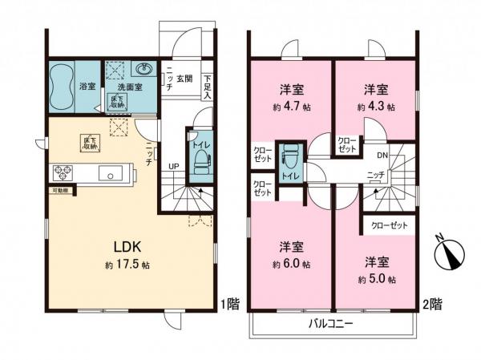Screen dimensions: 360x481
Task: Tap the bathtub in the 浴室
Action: (61, 86)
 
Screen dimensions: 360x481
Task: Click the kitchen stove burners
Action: (63, 173)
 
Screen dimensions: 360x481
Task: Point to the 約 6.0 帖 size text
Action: (290, 264)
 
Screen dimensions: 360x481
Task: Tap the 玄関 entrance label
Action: (185, 78)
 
